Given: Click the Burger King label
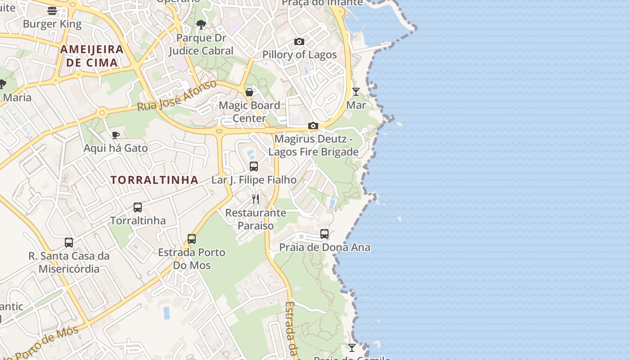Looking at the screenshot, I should pyautogui.click(x=52, y=24).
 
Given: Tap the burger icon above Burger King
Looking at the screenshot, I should pyautogui.click(x=52, y=11).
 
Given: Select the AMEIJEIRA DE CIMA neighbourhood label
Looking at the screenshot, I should pyautogui.click(x=92, y=56).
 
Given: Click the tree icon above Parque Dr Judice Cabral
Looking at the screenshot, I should pyautogui.click(x=201, y=25).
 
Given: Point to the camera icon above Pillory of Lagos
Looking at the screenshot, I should pyautogui.click(x=299, y=42).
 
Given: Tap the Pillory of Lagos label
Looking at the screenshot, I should pyautogui.click(x=299, y=55).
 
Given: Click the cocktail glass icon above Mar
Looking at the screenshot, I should pyautogui.click(x=356, y=92).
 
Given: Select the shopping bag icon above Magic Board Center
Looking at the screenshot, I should pyautogui.click(x=249, y=92).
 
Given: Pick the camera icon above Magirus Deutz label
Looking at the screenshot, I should pyautogui.click(x=313, y=126).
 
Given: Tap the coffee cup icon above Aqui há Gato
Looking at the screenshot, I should pyautogui.click(x=116, y=135).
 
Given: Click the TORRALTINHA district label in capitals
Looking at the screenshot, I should pyautogui.click(x=154, y=180).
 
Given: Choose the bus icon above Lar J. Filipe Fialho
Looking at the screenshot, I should pyautogui.click(x=254, y=166).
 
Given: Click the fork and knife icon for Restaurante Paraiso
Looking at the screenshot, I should pyautogui.click(x=256, y=199).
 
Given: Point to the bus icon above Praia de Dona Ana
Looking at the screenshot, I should pyautogui.click(x=324, y=234).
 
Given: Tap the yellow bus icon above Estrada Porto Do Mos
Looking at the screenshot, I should pyautogui.click(x=192, y=239).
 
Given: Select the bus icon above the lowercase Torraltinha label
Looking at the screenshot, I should pyautogui.click(x=138, y=207).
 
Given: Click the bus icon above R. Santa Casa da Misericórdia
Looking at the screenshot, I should pyautogui.click(x=69, y=243).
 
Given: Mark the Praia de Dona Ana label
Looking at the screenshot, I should pyautogui.click(x=324, y=247).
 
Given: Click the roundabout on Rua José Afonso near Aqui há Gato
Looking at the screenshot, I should pyautogui.click(x=103, y=112).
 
